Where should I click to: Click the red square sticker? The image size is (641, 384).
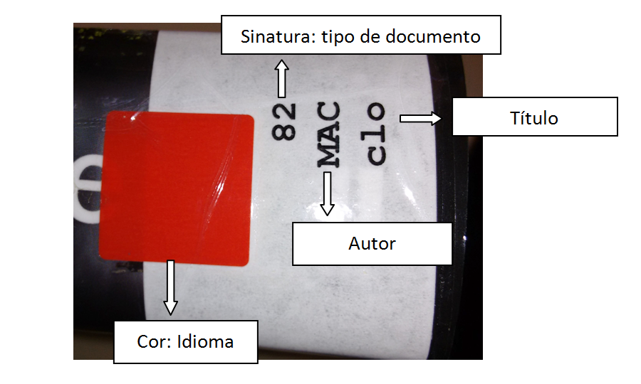(x=179, y=190)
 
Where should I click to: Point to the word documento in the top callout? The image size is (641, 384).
(x=437, y=36)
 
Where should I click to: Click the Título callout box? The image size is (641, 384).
(x=534, y=117)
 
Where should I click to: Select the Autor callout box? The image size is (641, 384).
(x=372, y=244)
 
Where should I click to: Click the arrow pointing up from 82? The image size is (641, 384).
(x=281, y=78)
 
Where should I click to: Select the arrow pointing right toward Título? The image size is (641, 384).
(x=420, y=118)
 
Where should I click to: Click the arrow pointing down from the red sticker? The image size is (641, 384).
(x=170, y=287)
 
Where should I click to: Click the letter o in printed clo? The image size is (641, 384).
(x=376, y=111)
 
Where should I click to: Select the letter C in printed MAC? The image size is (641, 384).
(x=328, y=112)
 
